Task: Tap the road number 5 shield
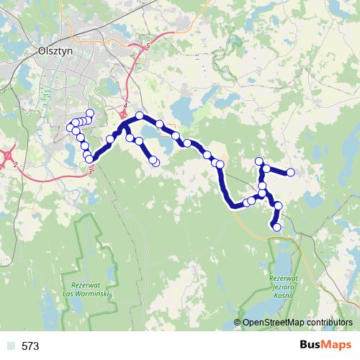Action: pyautogui.click(x=148, y=46)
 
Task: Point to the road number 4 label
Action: pyautogui.click(x=125, y=106)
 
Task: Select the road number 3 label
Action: pyautogui.click(x=90, y=171)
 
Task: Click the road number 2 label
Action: pyautogui.click(x=14, y=165)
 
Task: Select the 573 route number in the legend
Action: pyautogui.click(x=30, y=346)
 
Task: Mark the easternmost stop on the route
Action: pyautogui.click(x=291, y=172)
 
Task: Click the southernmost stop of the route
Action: pyautogui.click(x=275, y=228)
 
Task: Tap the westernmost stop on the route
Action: pyautogui.click(x=71, y=127)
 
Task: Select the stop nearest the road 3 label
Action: pyautogui.click(x=90, y=160)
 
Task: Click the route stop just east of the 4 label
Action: pyautogui.click(x=139, y=115)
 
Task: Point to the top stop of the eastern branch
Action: pyautogui.click(x=259, y=161)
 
